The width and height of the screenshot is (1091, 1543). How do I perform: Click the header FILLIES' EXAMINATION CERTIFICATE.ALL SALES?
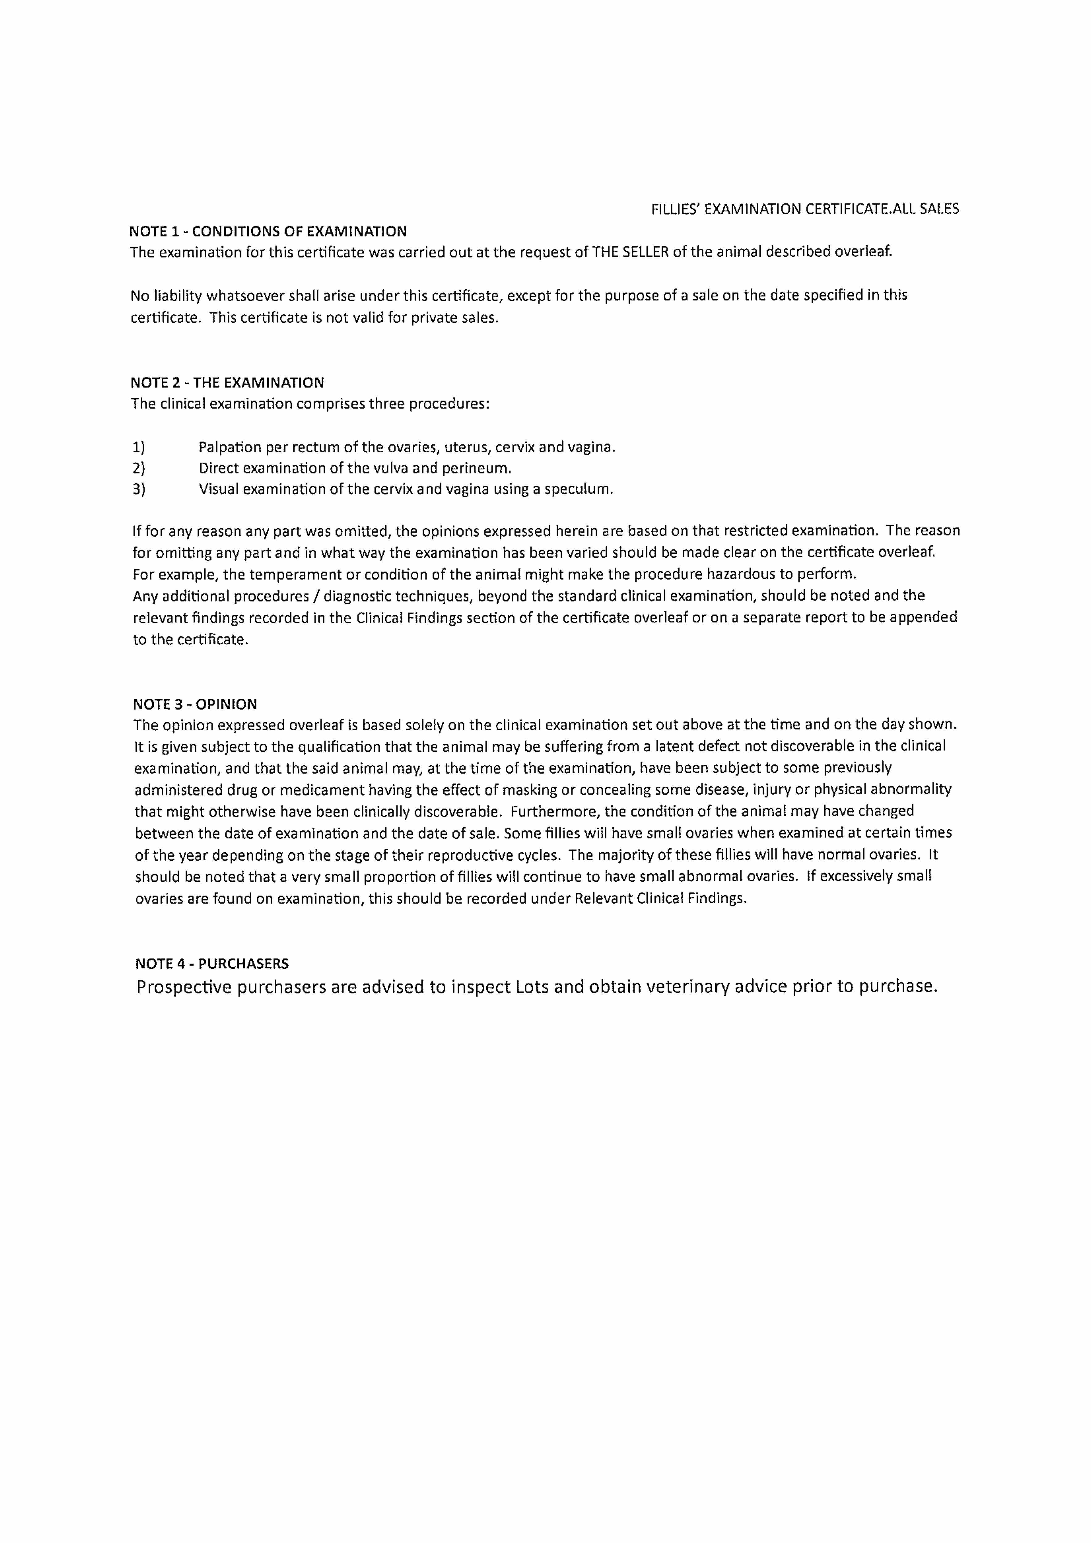[805, 209]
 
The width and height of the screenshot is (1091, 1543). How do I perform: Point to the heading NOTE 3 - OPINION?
[195, 704]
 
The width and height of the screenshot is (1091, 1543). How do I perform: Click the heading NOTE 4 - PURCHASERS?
[212, 964]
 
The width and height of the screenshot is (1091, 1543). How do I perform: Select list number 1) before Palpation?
[139, 447]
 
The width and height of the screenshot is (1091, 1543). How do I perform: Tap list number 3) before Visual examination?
[139, 489]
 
